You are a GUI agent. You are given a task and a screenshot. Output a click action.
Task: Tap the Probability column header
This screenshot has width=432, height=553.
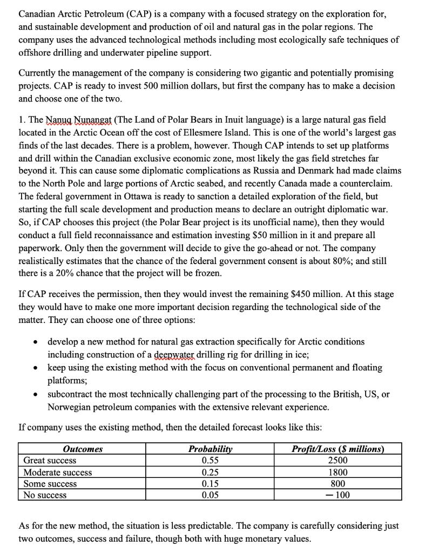(210, 449)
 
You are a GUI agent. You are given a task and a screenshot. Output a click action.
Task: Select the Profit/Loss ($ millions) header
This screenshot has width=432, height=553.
(337, 449)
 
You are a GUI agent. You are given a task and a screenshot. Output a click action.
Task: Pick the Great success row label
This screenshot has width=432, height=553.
(50, 461)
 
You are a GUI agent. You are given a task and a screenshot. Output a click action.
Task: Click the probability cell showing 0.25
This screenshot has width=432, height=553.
(210, 473)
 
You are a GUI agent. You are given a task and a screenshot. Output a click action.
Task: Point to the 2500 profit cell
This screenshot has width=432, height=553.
(337, 461)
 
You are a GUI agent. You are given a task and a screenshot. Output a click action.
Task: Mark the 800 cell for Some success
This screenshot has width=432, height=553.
(337, 484)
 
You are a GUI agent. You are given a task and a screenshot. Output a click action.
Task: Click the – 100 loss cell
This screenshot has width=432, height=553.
(337, 495)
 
